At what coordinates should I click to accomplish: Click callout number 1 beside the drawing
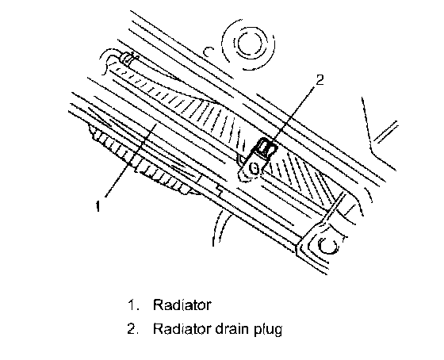(98, 206)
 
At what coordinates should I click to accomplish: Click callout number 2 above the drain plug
(320, 80)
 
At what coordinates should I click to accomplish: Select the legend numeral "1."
(133, 305)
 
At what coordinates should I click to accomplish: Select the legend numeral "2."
(133, 329)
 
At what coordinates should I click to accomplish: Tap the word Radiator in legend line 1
(182, 305)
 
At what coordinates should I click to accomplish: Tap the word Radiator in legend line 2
(182, 329)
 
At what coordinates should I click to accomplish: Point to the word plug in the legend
(268, 330)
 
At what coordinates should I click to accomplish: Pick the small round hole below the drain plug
(254, 169)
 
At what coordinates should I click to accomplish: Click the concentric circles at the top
(248, 44)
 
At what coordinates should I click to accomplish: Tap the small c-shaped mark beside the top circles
(208, 52)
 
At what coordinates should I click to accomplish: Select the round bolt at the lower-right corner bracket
(328, 244)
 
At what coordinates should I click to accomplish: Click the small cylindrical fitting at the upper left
(128, 59)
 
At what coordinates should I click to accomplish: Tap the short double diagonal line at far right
(386, 132)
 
